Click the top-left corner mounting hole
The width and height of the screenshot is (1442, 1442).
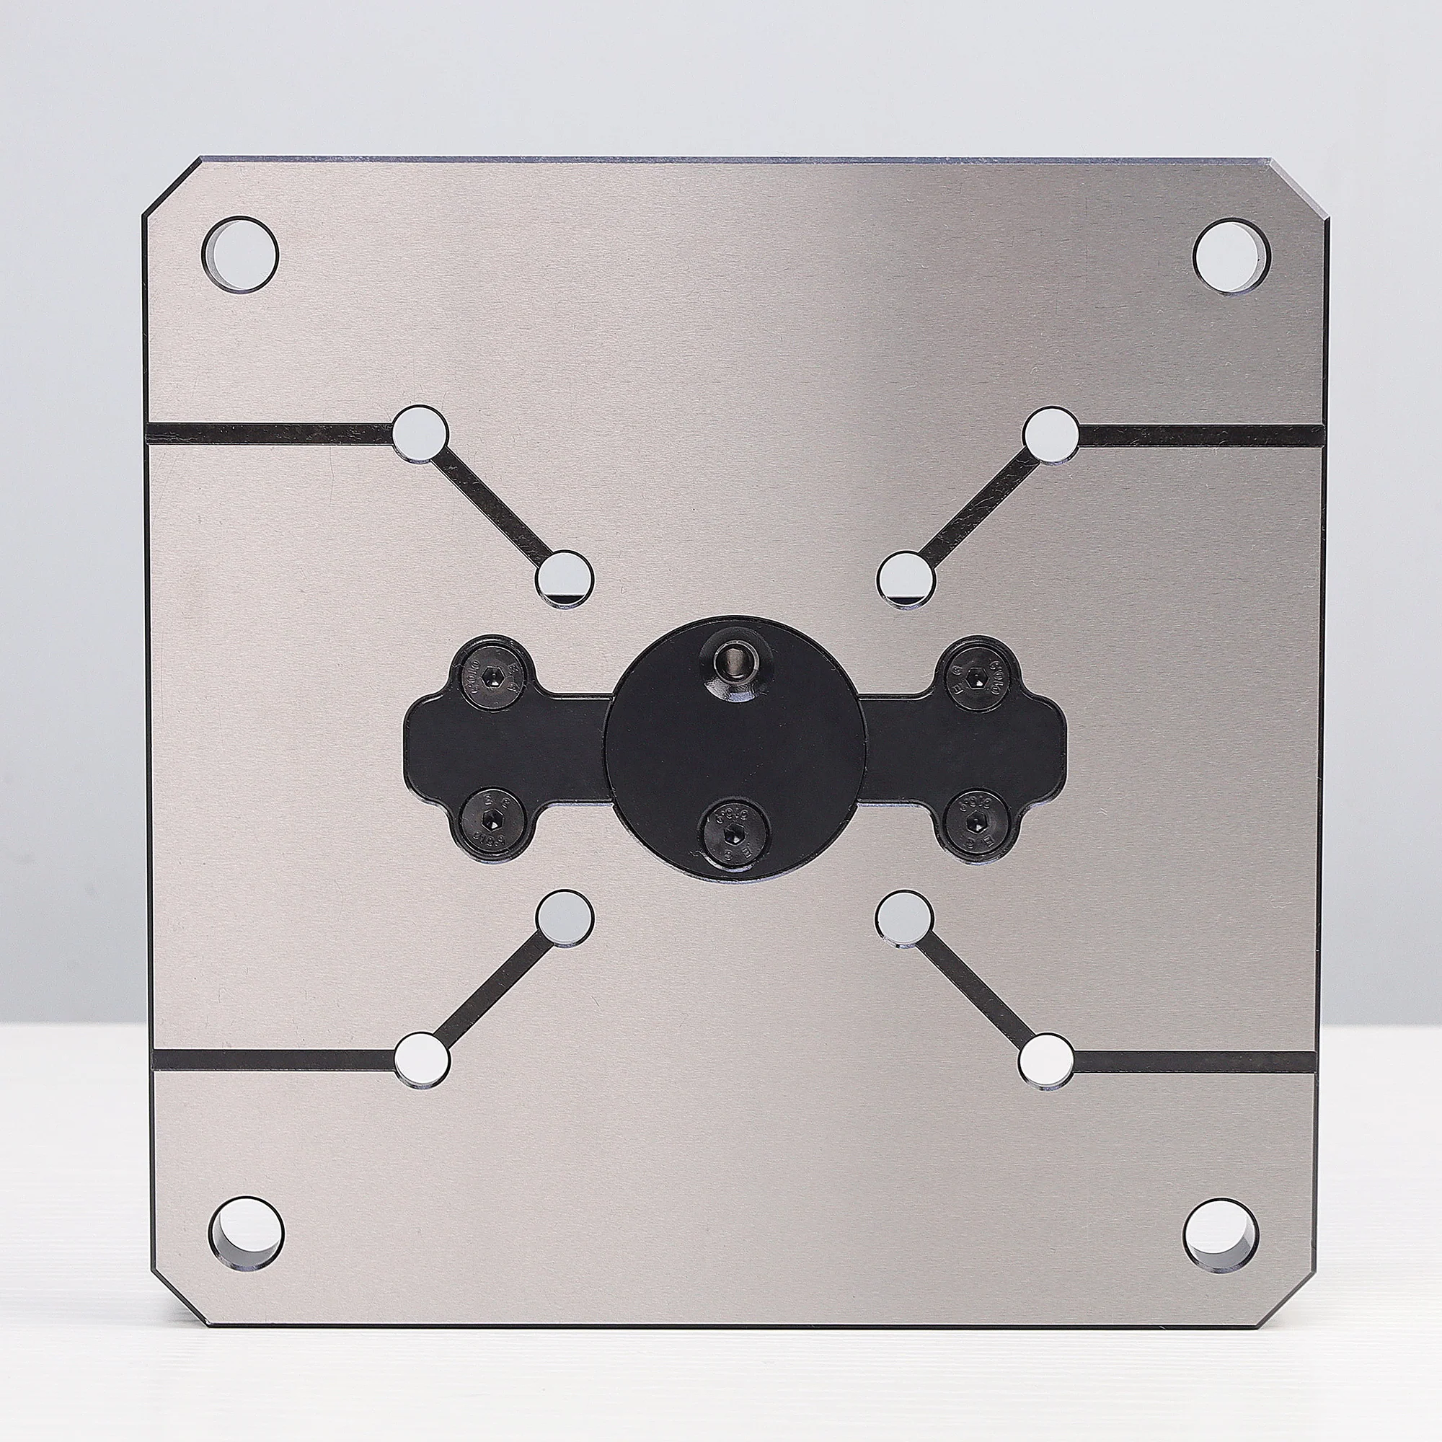pos(239,255)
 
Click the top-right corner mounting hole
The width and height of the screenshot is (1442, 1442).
pos(1231,256)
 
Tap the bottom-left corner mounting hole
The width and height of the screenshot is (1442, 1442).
pos(247,1234)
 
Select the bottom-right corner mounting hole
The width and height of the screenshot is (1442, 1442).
pos(1221,1235)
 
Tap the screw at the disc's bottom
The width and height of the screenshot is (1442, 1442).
pos(735,831)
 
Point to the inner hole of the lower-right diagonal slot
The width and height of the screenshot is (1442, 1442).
pos(905,918)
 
